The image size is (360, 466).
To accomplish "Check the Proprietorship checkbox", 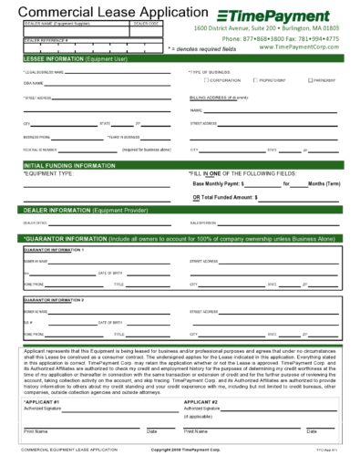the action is tap(255, 80).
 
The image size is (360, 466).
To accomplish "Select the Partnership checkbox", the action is tap(304, 80).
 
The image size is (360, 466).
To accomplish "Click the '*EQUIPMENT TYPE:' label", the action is tap(47, 172).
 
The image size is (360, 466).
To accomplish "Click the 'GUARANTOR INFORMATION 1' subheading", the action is tap(56, 249).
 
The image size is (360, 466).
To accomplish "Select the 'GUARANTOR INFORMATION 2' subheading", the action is tap(56, 299).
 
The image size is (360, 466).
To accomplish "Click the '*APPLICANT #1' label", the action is tap(42, 401).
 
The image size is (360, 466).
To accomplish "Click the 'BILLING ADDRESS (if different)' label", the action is tap(219, 95).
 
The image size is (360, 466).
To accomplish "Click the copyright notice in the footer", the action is tap(180, 450).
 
